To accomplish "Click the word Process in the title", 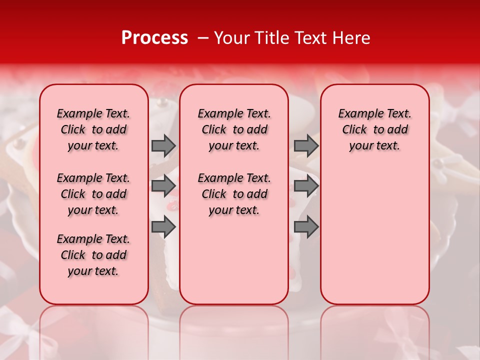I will (154, 38).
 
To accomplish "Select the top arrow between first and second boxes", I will (163, 145).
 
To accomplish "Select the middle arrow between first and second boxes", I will (163, 186).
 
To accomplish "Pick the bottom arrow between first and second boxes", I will (163, 227).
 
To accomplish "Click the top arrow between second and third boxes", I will (306, 145).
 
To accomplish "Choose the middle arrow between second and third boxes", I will (306, 186).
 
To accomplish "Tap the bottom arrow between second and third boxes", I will (306, 227).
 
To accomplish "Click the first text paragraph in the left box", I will (93, 129).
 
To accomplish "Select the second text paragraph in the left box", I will (93, 194).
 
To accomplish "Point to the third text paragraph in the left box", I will (93, 255).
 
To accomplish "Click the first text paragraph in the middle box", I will (234, 129).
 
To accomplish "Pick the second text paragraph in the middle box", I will (234, 194).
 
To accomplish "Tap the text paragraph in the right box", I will (374, 129).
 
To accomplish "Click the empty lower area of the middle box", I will (234, 260).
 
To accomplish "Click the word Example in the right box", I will (356, 113).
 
